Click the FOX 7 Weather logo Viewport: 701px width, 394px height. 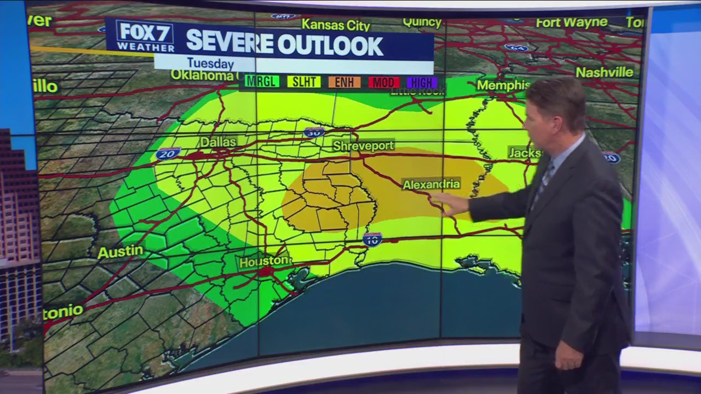[145, 37]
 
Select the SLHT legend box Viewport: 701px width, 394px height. [304, 82]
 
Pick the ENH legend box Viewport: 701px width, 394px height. [344, 82]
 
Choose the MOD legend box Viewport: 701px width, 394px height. [383, 83]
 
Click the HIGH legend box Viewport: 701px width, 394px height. [422, 83]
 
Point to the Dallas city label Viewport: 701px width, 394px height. [218, 142]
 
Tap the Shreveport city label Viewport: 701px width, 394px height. [364, 146]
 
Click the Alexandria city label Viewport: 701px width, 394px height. [432, 184]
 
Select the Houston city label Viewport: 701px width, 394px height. [265, 262]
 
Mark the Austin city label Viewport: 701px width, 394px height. [120, 252]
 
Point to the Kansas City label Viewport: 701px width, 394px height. [336, 25]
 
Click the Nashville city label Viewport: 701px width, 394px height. [604, 72]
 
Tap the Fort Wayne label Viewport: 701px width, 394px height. [572, 23]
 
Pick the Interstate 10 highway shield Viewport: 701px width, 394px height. [372, 239]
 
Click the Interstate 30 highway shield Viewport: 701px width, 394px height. [314, 132]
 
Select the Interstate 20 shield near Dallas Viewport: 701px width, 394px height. [168, 153]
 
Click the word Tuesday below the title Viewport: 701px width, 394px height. [210, 63]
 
